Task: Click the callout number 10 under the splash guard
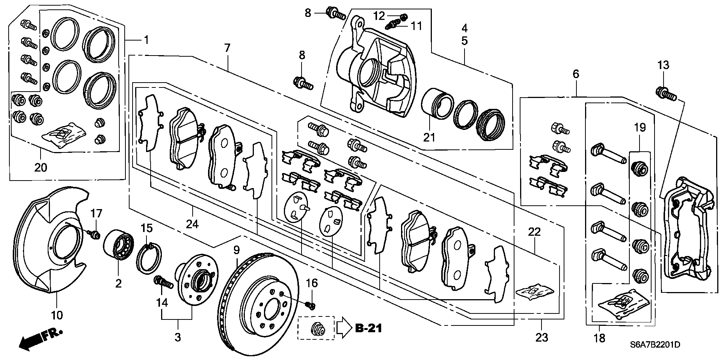click(x=57, y=315)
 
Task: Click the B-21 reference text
click(x=368, y=328)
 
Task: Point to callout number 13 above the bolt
click(x=663, y=65)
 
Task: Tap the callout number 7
click(x=227, y=48)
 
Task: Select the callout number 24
click(x=192, y=224)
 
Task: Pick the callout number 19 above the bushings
click(x=640, y=128)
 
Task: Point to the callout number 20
click(x=41, y=167)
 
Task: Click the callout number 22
click(x=534, y=232)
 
